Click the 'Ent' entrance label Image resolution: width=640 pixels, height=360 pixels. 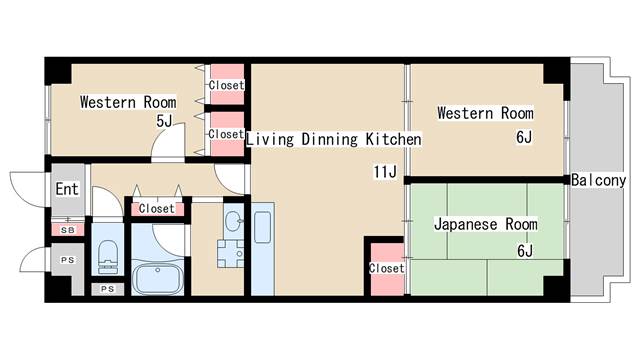66,188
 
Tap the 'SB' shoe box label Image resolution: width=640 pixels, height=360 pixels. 67,230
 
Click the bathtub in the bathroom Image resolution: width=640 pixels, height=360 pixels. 158,277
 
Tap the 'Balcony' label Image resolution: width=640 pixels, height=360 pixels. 598,181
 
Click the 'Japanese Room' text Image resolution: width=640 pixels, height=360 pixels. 486,224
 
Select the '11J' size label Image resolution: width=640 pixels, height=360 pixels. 386,172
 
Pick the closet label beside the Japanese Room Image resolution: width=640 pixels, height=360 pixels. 386,268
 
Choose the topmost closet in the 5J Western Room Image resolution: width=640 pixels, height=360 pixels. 226,85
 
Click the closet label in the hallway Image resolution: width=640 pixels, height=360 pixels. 156,209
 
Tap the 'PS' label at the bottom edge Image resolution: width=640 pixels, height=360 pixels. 107,289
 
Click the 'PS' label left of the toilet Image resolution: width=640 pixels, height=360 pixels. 67,260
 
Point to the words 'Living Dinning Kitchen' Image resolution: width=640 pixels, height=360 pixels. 334,139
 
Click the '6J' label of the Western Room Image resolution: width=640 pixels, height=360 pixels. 524,136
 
